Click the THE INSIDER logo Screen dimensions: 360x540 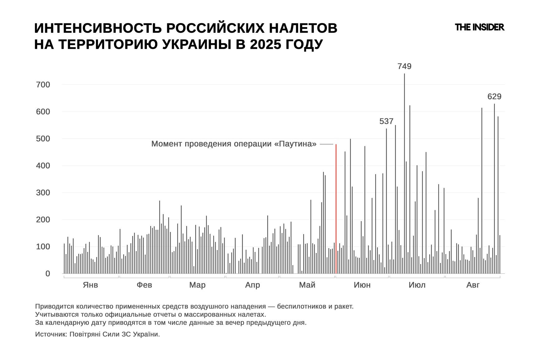click(x=479, y=27)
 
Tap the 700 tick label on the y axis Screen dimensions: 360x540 click(x=43, y=84)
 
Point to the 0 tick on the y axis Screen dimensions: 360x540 click(x=48, y=274)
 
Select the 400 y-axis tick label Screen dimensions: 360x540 click(x=43, y=166)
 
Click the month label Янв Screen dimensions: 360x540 click(x=90, y=285)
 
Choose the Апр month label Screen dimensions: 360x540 click(x=252, y=285)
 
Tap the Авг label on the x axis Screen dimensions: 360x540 click(x=473, y=285)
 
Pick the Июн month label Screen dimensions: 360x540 click(x=362, y=285)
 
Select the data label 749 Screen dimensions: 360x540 click(x=404, y=66)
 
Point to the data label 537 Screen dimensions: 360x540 click(x=386, y=121)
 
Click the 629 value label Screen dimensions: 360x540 click(x=494, y=97)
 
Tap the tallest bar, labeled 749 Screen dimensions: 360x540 click(x=404, y=171)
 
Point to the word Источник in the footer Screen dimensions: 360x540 click(x=51, y=334)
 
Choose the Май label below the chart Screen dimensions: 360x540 click(x=307, y=285)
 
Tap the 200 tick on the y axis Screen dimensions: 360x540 click(x=43, y=219)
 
